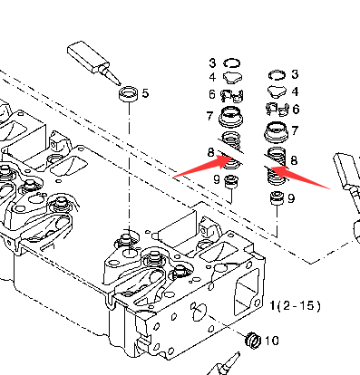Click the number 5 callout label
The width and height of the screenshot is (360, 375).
[145, 93]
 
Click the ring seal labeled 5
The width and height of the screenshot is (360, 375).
[129, 93]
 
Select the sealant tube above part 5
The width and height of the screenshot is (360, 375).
[93, 62]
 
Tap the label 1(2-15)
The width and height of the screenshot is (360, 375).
[295, 306]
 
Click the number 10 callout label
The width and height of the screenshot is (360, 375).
[272, 341]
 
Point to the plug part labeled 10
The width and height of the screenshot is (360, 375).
[253, 341]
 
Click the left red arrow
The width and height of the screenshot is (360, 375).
[203, 166]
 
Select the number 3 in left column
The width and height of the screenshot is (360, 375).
[212, 63]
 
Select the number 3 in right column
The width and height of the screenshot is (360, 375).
[295, 74]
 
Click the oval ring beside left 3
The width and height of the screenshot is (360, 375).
[232, 63]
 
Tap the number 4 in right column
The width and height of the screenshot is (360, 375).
[295, 91]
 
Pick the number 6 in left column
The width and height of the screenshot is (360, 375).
[212, 94]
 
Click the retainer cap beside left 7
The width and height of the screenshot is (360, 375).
[231, 116]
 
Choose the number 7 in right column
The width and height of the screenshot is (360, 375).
[295, 130]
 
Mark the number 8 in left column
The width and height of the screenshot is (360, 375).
[211, 153]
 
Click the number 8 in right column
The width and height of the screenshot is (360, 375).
[294, 160]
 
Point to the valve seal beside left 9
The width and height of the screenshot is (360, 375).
[232, 182]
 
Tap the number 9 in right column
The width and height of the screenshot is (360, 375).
[291, 198]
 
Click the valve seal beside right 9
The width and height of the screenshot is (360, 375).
[277, 198]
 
